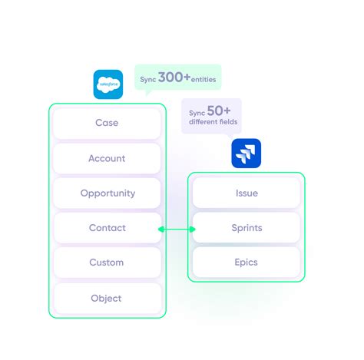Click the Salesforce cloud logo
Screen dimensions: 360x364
pos(108,84)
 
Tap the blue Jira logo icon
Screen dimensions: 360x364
pos(247,153)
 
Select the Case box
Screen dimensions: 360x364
pos(107,123)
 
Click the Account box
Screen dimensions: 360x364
pos(107,158)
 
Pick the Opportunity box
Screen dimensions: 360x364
pos(107,193)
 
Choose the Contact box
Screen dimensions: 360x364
pos(107,228)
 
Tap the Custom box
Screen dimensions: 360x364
pos(107,263)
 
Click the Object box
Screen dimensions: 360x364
pos(107,298)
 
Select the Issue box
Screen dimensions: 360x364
pos(247,193)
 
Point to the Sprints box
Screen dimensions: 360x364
pos(247,228)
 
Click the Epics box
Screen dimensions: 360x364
pos(247,263)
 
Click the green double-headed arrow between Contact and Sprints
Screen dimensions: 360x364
pos(177,229)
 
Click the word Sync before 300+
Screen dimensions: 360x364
pos(148,80)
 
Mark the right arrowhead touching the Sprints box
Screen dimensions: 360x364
pos(192,229)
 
